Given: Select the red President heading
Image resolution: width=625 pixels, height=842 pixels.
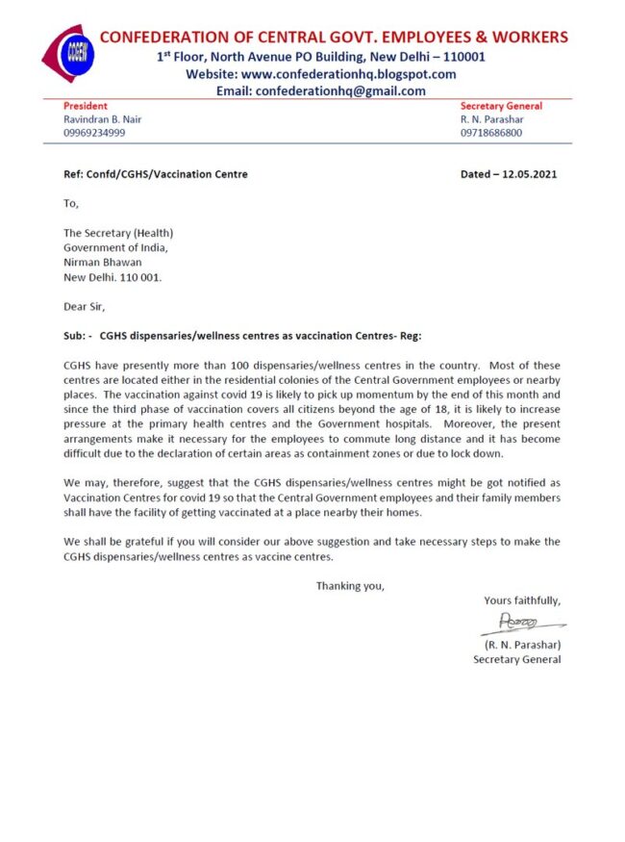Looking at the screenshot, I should tap(86, 106).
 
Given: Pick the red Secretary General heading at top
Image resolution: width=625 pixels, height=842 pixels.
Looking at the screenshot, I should tap(501, 106).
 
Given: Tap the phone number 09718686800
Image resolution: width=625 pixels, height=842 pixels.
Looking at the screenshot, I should tap(491, 133).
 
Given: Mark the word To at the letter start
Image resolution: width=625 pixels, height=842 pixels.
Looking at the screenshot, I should tap(71, 203).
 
